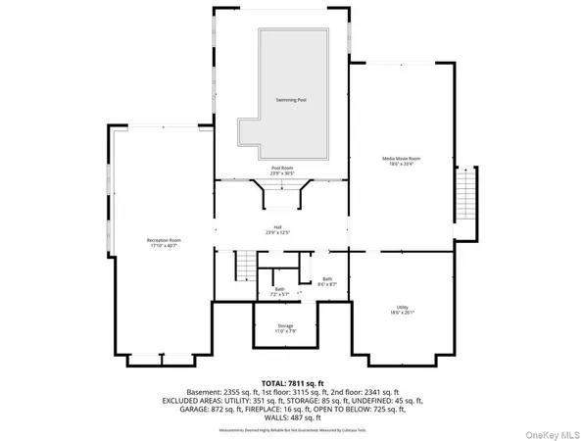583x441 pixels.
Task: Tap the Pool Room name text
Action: [282, 168]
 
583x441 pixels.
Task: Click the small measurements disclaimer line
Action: [291, 425]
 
